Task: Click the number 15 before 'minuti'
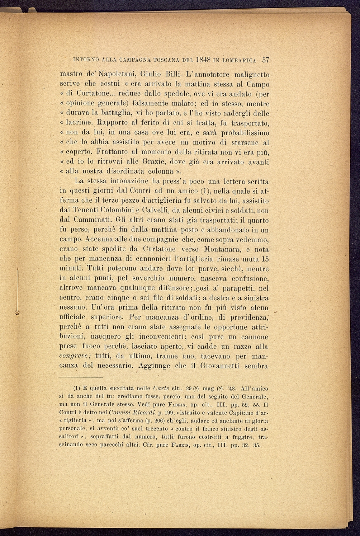tap(265, 259)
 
